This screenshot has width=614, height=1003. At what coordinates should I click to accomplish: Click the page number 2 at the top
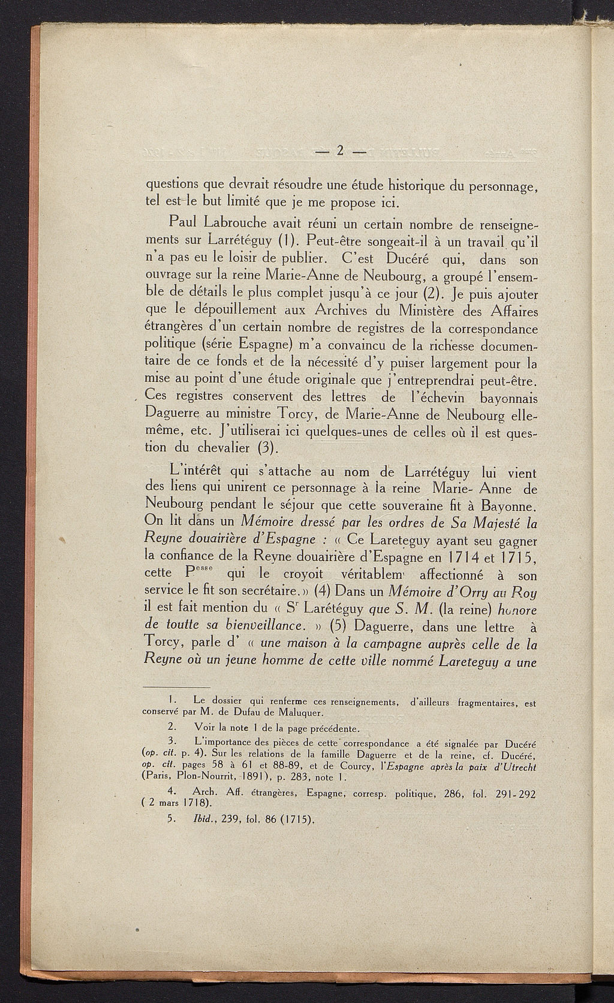[x=339, y=150]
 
